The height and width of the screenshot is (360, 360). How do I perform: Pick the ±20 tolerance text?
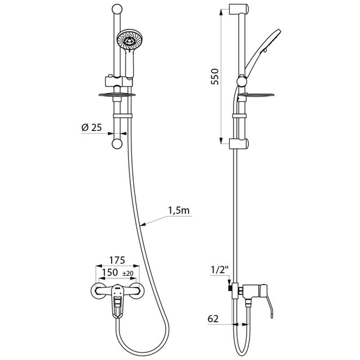tap(128, 274)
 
